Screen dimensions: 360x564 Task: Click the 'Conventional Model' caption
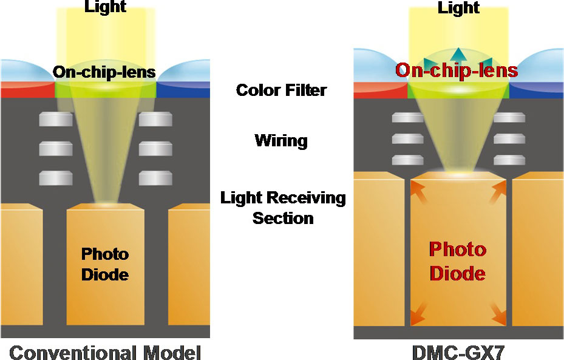[x=105, y=351]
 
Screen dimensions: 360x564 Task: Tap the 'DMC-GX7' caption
[x=458, y=351]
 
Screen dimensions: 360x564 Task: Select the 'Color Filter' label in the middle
[x=281, y=90]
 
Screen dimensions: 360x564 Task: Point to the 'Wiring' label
[x=281, y=141]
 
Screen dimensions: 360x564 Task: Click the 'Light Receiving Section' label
[x=283, y=208]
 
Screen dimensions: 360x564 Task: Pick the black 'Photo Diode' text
[x=105, y=264]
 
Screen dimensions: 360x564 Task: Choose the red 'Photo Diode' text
[x=458, y=260]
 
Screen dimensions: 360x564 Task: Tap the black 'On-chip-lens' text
[x=104, y=72]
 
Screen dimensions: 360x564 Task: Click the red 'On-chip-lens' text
[x=457, y=70]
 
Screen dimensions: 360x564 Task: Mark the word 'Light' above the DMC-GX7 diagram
[x=458, y=8]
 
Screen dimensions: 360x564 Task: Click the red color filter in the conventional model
[x=27, y=90]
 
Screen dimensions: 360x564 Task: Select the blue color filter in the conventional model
[x=183, y=90]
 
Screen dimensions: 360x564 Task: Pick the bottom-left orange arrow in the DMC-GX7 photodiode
[x=418, y=316]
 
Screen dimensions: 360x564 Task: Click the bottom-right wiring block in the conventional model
[x=155, y=178]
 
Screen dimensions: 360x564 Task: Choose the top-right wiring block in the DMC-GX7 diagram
[x=509, y=118]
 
